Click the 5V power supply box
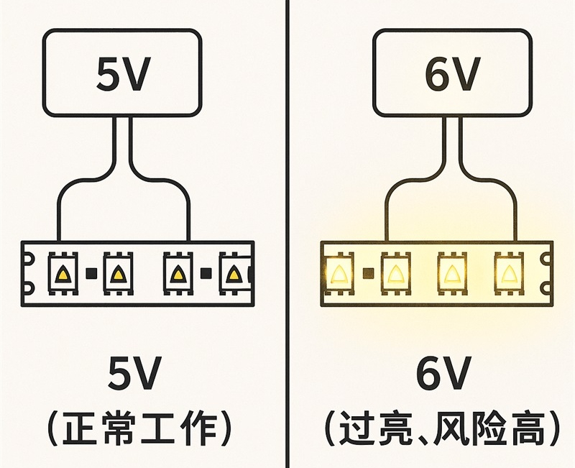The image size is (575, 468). pos(121,72)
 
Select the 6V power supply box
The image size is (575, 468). pos(452,72)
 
